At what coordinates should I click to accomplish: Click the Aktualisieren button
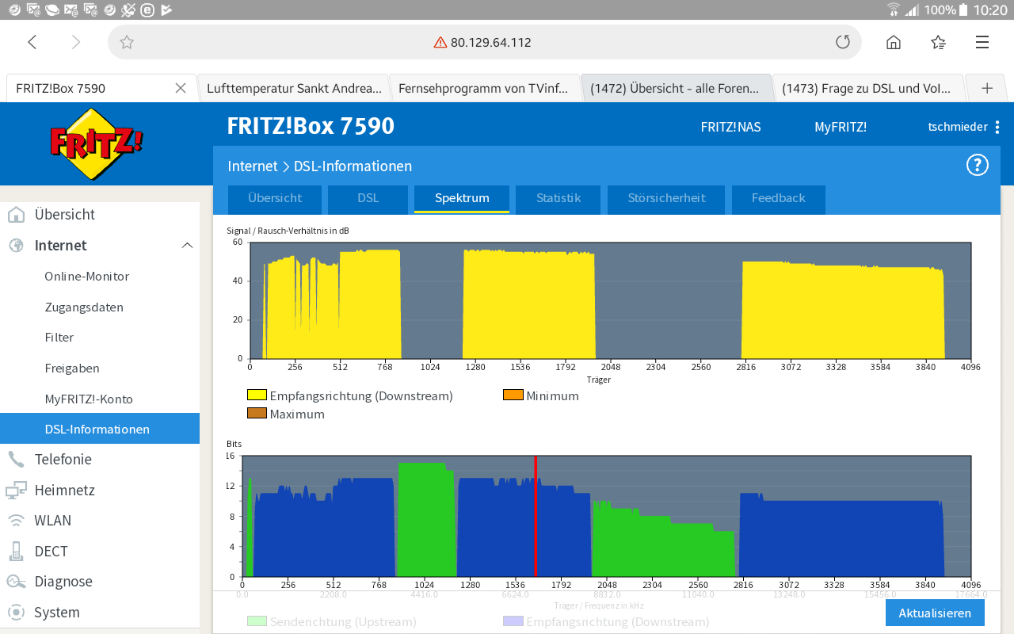[x=935, y=613]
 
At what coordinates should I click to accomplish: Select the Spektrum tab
[x=462, y=198]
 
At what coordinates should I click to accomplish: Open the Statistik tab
[x=558, y=198]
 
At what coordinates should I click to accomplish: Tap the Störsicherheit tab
[x=666, y=198]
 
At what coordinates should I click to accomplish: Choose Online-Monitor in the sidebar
[x=87, y=277]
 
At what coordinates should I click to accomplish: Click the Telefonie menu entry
[x=63, y=460]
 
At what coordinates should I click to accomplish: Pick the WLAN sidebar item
[x=52, y=521]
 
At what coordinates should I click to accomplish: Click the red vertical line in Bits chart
[x=536, y=515]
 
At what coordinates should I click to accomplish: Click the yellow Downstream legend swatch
[x=257, y=395]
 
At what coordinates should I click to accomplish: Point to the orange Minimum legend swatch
[x=513, y=395]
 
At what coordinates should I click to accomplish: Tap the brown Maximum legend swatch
[x=257, y=414]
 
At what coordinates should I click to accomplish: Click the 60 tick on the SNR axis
[x=238, y=243]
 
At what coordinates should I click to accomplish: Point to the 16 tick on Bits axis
[x=230, y=456]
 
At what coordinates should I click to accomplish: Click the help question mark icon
[x=977, y=166]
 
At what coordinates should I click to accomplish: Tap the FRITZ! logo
[x=97, y=143]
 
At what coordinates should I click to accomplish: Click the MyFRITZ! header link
[x=841, y=127]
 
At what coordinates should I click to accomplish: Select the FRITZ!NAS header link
[x=730, y=127]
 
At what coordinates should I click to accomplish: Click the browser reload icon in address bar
[x=843, y=43]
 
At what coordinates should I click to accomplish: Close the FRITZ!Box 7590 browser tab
[x=181, y=88]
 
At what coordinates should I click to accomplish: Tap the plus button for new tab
[x=987, y=88]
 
